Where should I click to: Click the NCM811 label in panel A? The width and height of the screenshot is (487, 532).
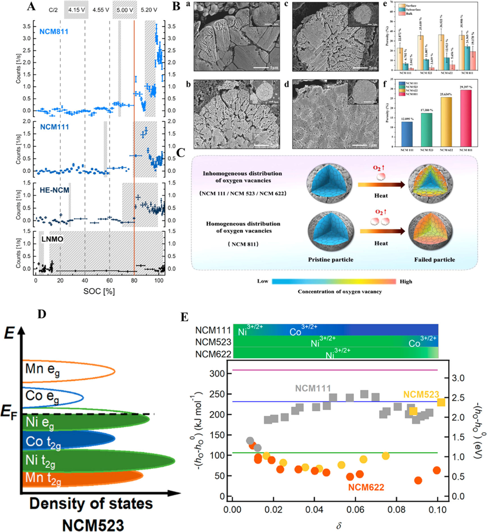tap(54, 31)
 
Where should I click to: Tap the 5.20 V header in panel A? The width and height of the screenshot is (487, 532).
tap(149, 10)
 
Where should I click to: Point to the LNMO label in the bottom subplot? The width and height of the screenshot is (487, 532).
tap(52, 239)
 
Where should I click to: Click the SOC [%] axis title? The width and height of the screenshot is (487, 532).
tap(99, 291)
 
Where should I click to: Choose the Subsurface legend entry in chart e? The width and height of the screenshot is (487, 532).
tap(413, 9)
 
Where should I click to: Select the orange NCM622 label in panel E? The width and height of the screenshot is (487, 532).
tap(366, 487)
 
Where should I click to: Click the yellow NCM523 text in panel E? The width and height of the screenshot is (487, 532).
tap(421, 394)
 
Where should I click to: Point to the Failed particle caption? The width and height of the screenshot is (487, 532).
tap(434, 260)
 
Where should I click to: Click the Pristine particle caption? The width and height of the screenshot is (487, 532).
tap(331, 260)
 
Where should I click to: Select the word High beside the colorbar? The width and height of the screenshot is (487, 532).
tap(406, 281)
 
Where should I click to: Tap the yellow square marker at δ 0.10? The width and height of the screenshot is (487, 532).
tap(441, 402)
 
